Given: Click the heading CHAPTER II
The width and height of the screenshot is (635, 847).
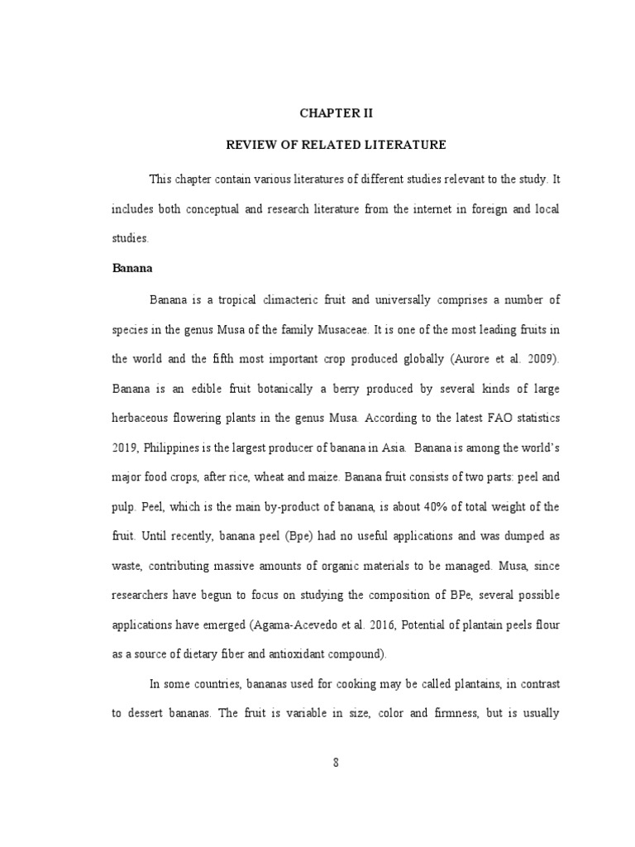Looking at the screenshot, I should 337,114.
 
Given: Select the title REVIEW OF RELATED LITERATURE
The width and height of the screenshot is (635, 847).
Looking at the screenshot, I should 337,145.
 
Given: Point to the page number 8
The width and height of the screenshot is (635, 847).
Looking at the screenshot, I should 337,763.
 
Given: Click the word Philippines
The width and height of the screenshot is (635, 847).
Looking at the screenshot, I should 179,447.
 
